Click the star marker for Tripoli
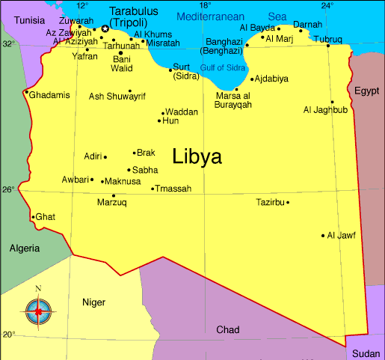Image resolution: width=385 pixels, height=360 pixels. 105,29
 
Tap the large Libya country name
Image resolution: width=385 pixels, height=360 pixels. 197,156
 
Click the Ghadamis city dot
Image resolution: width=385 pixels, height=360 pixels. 27,93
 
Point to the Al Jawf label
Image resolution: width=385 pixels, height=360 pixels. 342,235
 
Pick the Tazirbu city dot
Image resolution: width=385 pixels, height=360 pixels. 288,202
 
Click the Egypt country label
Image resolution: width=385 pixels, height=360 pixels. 366,91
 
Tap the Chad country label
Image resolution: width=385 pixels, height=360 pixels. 228,329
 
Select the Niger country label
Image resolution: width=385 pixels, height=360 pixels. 93,302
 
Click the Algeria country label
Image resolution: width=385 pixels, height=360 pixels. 25,248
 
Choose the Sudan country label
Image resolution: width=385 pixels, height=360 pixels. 366,353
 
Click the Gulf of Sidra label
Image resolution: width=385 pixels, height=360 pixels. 224,68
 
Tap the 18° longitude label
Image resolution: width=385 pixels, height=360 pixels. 205,6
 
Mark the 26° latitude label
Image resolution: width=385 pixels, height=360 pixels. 7,189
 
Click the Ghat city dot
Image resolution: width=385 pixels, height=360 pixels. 33,217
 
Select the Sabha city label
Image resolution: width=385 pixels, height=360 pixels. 144,170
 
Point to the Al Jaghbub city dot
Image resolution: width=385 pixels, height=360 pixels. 332,102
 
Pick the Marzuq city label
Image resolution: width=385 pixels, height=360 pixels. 112,202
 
